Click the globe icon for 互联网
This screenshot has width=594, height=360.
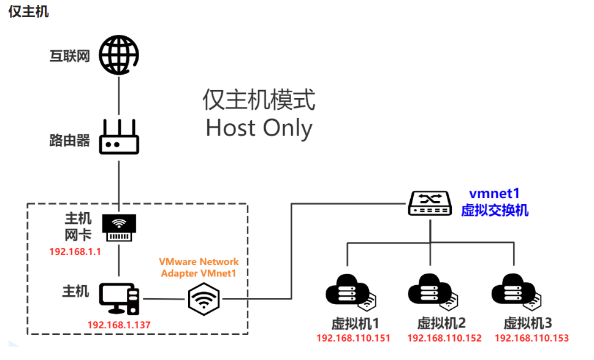coord(119,54)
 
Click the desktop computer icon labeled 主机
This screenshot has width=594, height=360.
coord(120,299)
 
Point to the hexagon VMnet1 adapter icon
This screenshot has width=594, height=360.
coord(204,299)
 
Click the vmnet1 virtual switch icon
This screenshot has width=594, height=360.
coord(430,203)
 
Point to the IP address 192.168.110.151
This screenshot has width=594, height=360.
coord(353,338)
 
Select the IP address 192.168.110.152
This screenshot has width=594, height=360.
coord(444,338)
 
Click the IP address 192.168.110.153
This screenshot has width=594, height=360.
coord(531,338)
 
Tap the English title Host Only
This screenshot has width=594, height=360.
coord(259,128)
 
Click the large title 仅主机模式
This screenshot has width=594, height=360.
coord(259,99)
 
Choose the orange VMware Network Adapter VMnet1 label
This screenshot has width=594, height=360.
coord(199,267)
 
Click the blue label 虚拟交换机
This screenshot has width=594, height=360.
coord(495,210)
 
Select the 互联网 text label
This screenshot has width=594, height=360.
coord(70,57)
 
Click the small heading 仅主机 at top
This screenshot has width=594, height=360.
coord(28,12)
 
